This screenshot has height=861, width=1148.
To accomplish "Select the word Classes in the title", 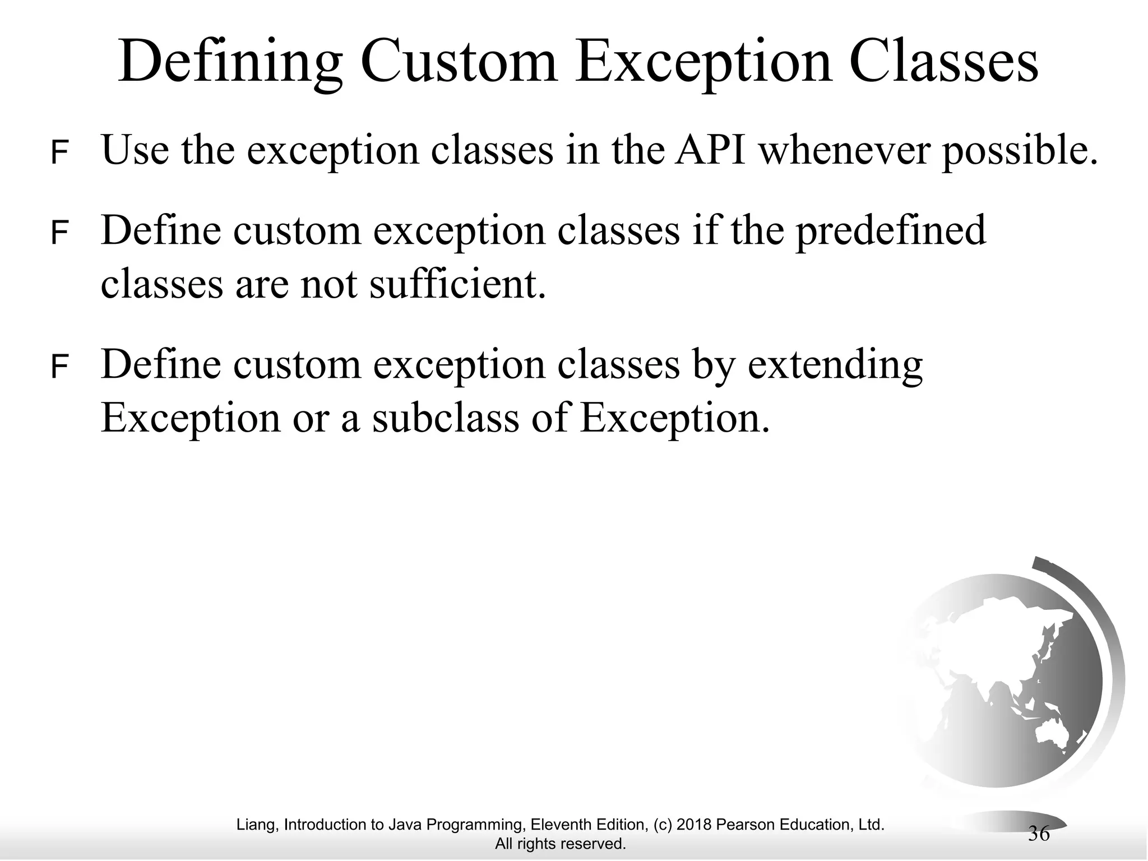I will pyautogui.click(x=943, y=63).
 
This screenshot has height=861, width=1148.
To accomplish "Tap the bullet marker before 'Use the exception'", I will pyautogui.click(x=59, y=153).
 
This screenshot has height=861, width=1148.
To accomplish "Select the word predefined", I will pyautogui.click(x=890, y=231).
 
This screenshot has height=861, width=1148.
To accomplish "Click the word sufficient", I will pyautogui.click(x=456, y=284).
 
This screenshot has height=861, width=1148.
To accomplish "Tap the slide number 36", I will pyautogui.click(x=1039, y=834).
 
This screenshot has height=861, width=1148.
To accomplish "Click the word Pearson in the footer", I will pyautogui.click(x=741, y=825).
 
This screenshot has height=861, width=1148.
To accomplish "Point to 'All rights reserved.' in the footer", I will pyautogui.click(x=560, y=844).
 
